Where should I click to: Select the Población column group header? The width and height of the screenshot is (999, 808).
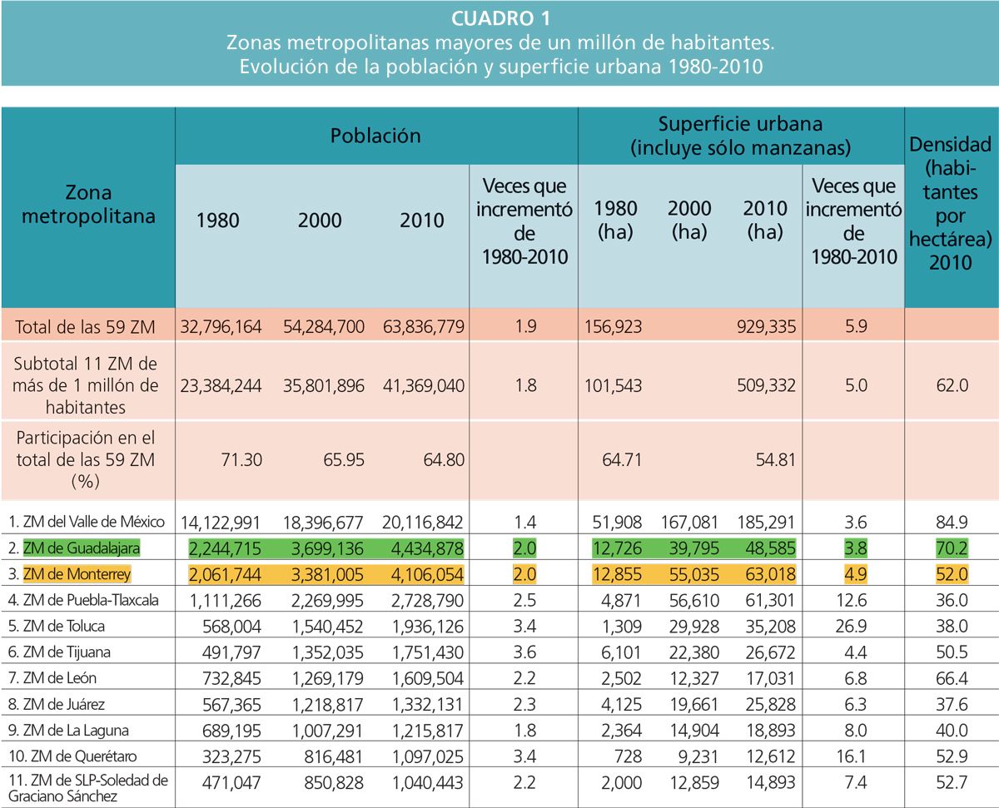pyautogui.click(x=375, y=135)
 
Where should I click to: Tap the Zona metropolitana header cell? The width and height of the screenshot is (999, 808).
pyautogui.click(x=88, y=206)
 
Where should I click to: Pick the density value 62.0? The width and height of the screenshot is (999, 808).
pyautogui.click(x=951, y=385)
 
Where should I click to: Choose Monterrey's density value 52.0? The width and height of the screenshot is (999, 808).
pyautogui.click(x=951, y=574)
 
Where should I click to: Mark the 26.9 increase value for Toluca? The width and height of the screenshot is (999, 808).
pyautogui.click(x=855, y=627)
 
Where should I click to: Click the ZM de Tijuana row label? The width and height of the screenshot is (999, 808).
pyautogui.click(x=62, y=652)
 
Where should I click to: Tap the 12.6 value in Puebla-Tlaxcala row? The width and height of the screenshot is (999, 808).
pyautogui.click(x=855, y=600)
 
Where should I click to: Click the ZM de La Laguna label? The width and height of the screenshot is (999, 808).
pyautogui.click(x=71, y=730)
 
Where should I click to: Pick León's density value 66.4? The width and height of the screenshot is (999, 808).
pyautogui.click(x=951, y=678)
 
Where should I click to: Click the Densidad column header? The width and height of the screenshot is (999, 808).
pyautogui.click(x=951, y=204)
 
